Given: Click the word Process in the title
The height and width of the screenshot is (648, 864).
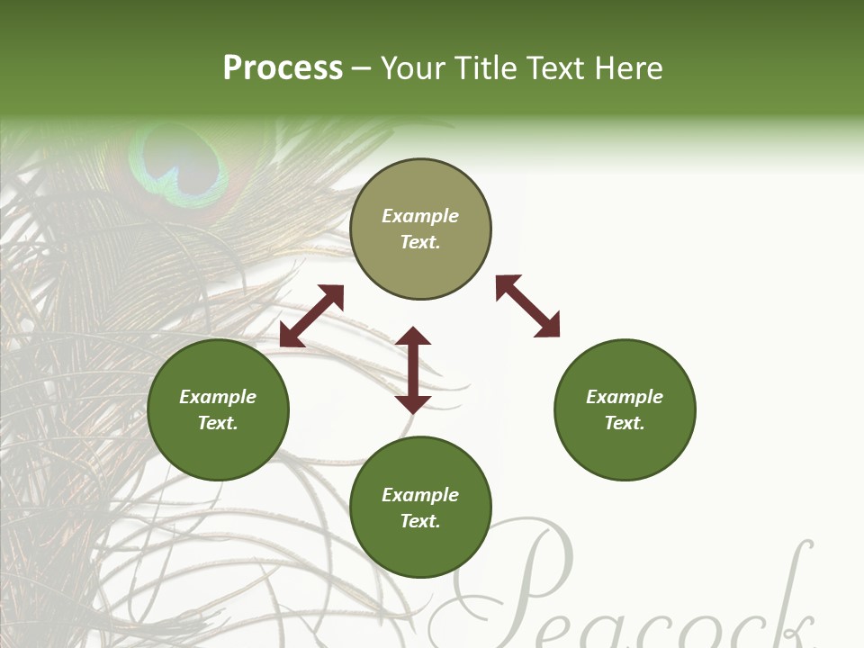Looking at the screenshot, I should tap(283, 68).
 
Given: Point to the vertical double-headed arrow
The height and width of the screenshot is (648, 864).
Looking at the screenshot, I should tap(413, 370).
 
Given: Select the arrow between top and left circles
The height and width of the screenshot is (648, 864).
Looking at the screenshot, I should tap(311, 316).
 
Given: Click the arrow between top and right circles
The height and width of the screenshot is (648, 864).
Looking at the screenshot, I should tap(527, 306).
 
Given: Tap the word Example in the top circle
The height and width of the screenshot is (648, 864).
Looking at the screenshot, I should tap(420, 216).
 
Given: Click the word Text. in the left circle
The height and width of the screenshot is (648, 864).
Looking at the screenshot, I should tap(218, 423).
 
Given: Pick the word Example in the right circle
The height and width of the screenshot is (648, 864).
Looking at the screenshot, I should tap(625, 397).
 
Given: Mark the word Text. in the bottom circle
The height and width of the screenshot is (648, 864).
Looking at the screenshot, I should tap(420, 521).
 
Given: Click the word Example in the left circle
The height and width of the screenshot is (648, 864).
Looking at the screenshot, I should tap(218, 397).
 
